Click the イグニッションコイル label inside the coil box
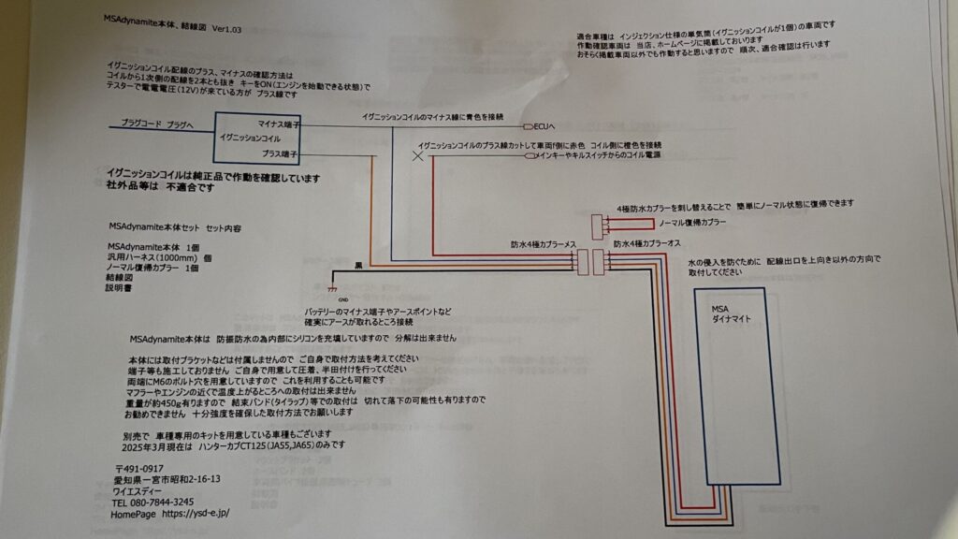pyautogui.click(x=249, y=137)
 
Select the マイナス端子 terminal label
pyautogui.click(x=278, y=123)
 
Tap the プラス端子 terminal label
pyautogui.click(x=280, y=153)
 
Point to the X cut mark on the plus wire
pyautogui.click(x=418, y=158)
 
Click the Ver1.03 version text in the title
pyautogui.click(x=228, y=30)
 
